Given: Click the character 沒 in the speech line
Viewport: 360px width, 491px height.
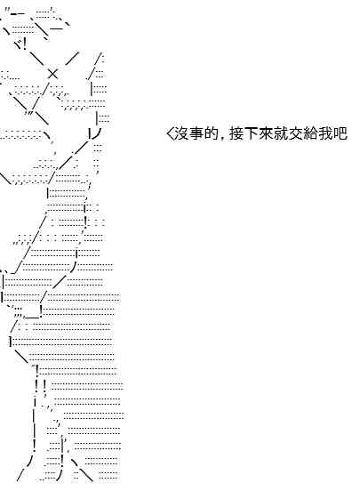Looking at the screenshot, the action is (181, 134).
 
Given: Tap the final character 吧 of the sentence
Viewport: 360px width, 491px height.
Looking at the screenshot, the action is (340, 134).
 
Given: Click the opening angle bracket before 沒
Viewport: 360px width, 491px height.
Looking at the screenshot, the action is (170, 134).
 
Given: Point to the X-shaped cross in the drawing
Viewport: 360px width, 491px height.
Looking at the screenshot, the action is (52, 74).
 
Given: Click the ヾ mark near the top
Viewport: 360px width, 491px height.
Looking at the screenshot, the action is (18, 44).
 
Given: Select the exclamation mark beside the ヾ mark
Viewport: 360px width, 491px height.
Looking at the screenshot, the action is (25, 43).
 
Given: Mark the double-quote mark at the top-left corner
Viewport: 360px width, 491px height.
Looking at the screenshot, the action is (7, 13).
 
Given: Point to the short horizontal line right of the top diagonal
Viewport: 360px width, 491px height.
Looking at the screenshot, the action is (56, 28).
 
